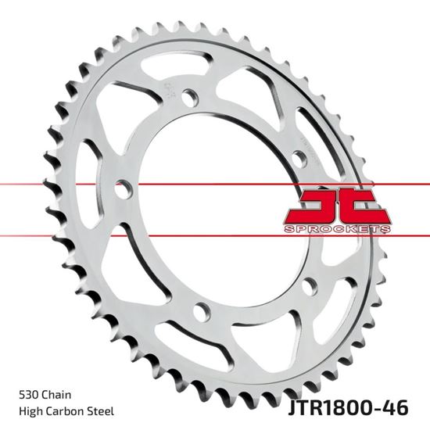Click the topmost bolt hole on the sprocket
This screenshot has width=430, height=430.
188,98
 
